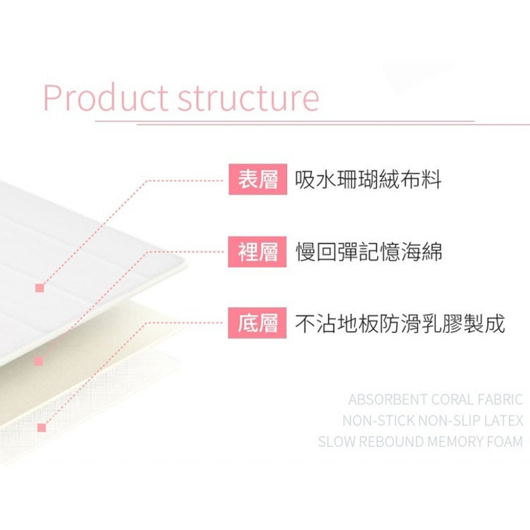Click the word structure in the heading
249,99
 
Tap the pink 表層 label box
258,179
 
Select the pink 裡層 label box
257,252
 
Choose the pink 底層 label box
257,323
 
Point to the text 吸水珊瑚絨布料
368,180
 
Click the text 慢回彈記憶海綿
369,252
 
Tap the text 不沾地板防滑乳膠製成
400,323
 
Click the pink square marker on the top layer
40,288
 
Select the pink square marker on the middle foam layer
39,361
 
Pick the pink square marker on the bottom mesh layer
41,428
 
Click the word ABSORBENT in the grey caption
388,400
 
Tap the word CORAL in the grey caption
453,400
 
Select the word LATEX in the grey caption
503,420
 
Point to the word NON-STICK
379,420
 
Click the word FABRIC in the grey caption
501,400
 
